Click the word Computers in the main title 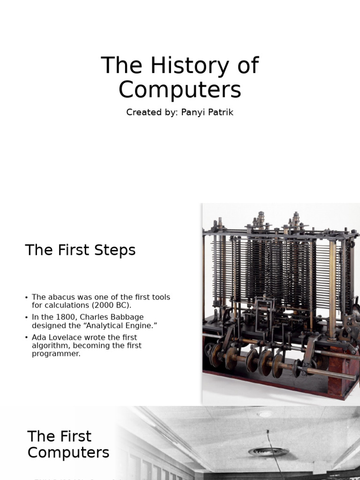[x=180, y=90]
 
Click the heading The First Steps [x=80, y=250]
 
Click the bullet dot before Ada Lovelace [x=27, y=337]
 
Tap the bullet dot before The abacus [x=27, y=297]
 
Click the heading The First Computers [x=68, y=444]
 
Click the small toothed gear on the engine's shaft [x=296, y=368]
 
